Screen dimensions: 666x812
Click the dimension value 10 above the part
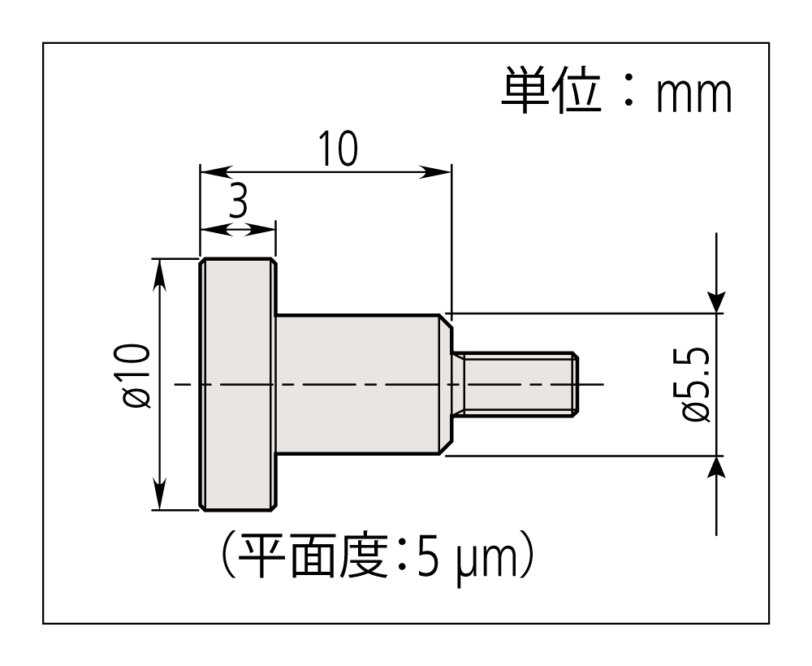tap(337, 149)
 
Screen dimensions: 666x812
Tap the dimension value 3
tap(237, 203)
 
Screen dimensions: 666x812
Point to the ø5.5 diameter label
tap(697, 385)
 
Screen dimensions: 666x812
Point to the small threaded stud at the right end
tap(515, 384)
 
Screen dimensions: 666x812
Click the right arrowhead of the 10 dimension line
tap(439, 171)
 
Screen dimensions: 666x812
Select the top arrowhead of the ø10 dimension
tap(160, 271)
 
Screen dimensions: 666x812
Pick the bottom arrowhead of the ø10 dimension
tap(160, 498)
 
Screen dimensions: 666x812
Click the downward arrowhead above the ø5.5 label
tap(716, 301)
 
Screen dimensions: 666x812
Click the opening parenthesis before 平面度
tap(227, 558)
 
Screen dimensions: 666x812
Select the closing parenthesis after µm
tap(529, 558)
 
